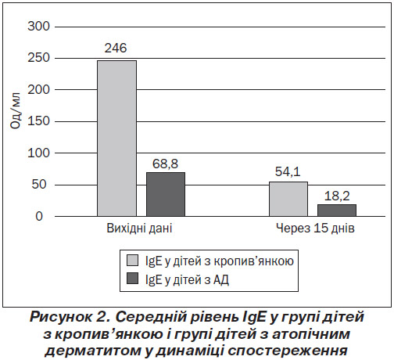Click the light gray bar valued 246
tap(116, 139)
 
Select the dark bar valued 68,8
tap(166, 194)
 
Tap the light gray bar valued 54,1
tap(288, 199)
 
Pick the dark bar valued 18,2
tap(337, 211)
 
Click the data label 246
tap(116, 49)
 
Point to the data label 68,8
tap(165, 164)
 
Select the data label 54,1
tap(288, 171)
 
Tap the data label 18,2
tap(337, 196)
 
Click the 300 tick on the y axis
tap(38, 27)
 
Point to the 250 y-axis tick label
tap(38, 58)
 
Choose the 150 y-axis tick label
tap(38, 121)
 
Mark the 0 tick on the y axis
tap(39, 216)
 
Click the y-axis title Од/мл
tap(16, 110)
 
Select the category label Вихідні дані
tap(139, 229)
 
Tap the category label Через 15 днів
tap(315, 229)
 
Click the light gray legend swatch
tap(132, 261)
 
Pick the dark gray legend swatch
tap(132, 279)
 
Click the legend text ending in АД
tap(187, 279)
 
